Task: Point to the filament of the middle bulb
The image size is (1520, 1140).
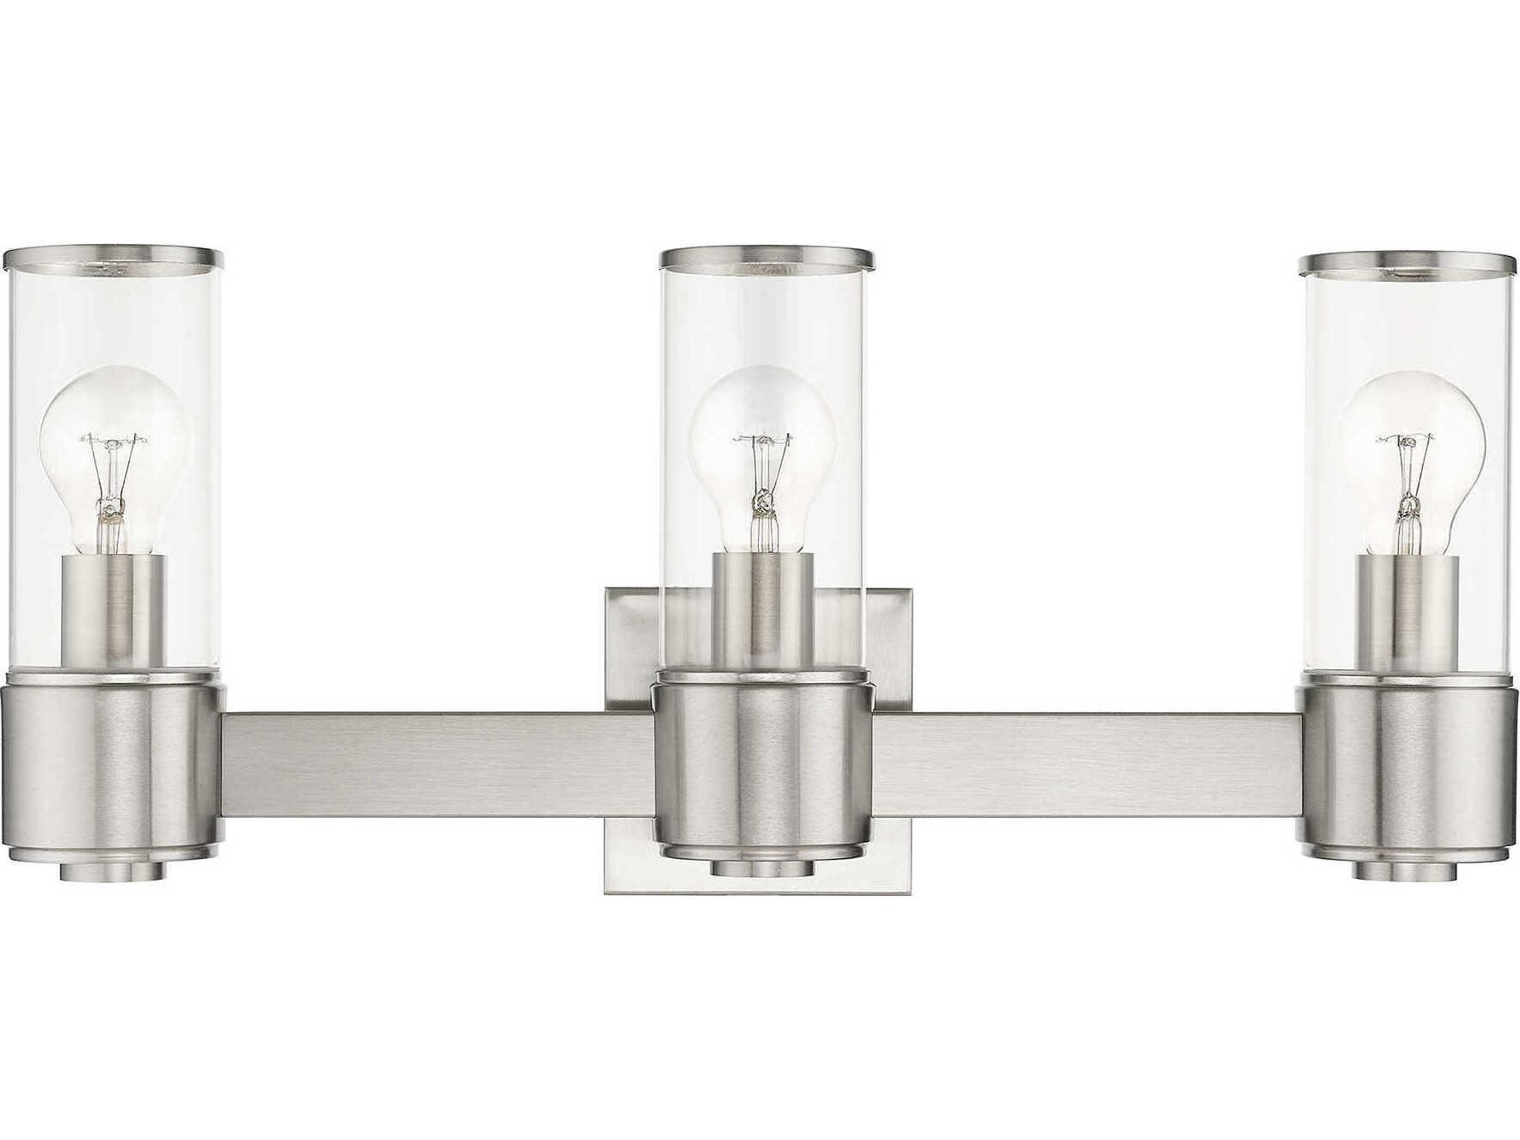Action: point(760,472)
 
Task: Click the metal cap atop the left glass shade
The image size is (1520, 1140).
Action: point(113,257)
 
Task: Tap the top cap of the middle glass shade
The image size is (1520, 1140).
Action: point(766,257)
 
